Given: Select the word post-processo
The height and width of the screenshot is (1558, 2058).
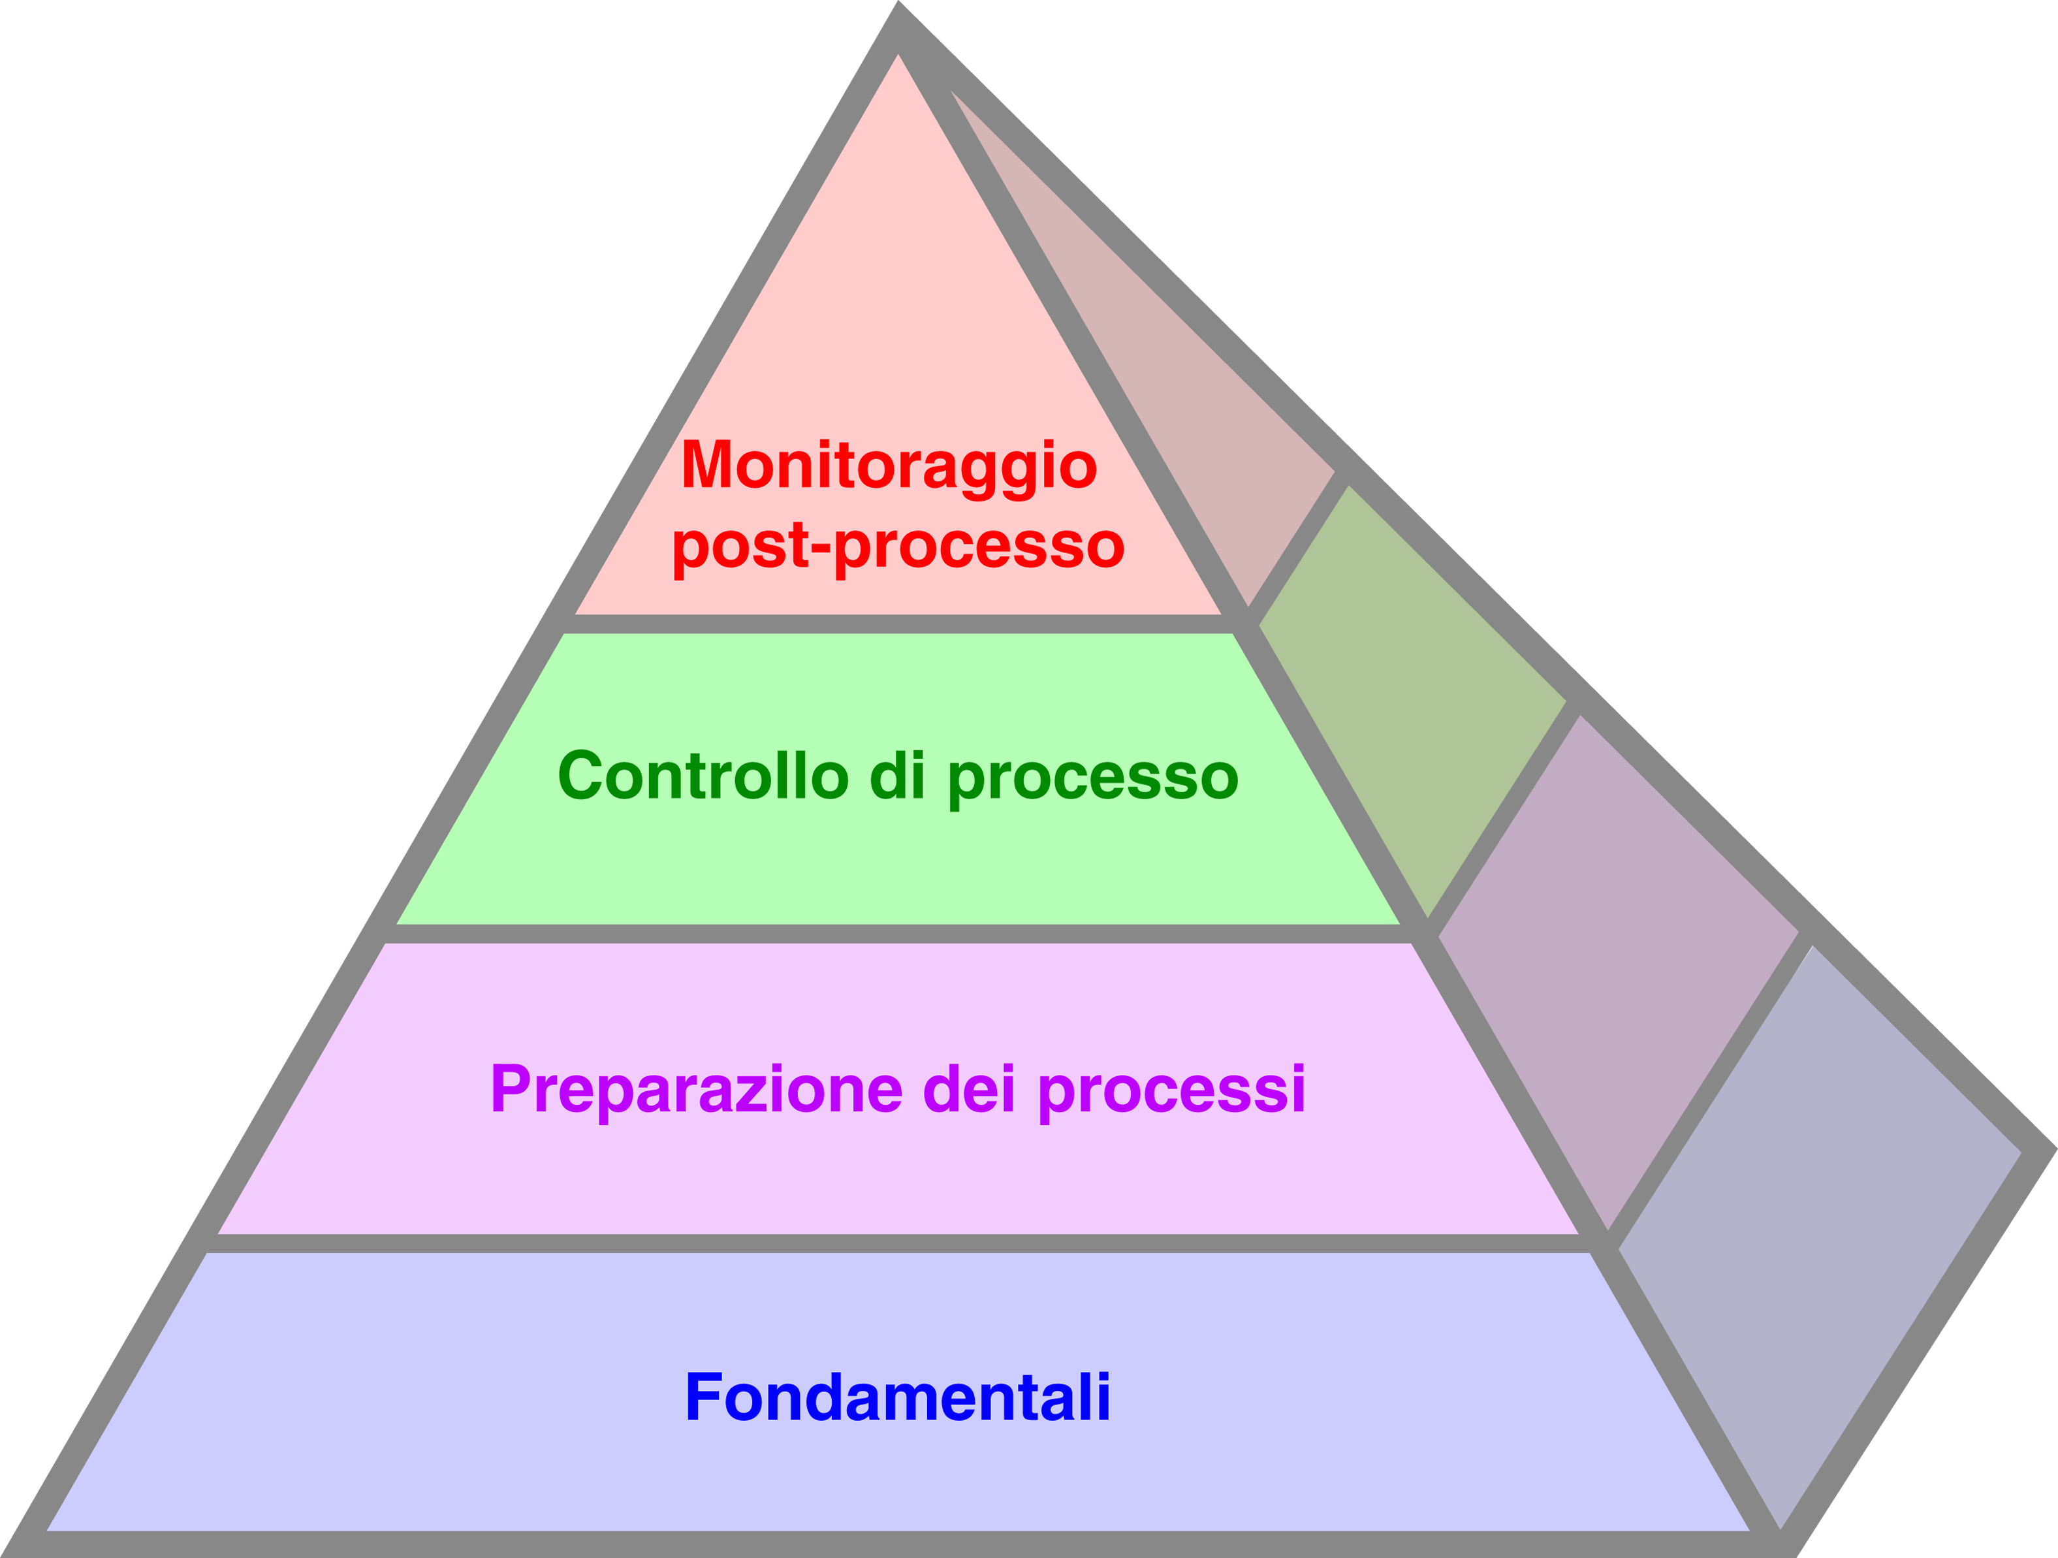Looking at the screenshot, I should [898, 545].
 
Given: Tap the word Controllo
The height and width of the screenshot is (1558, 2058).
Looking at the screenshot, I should [703, 775].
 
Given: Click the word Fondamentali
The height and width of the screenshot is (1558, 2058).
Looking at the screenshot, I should [898, 1397].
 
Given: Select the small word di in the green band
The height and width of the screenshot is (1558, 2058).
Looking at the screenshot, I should [897, 775].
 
